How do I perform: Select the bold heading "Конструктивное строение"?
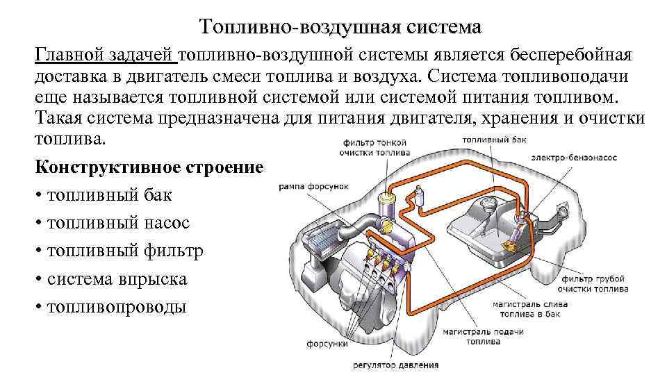tap(149, 168)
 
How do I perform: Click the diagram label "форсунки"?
tap(322, 343)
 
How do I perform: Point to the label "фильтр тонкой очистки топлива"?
tap(375, 147)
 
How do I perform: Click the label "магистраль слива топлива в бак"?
tap(530, 308)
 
